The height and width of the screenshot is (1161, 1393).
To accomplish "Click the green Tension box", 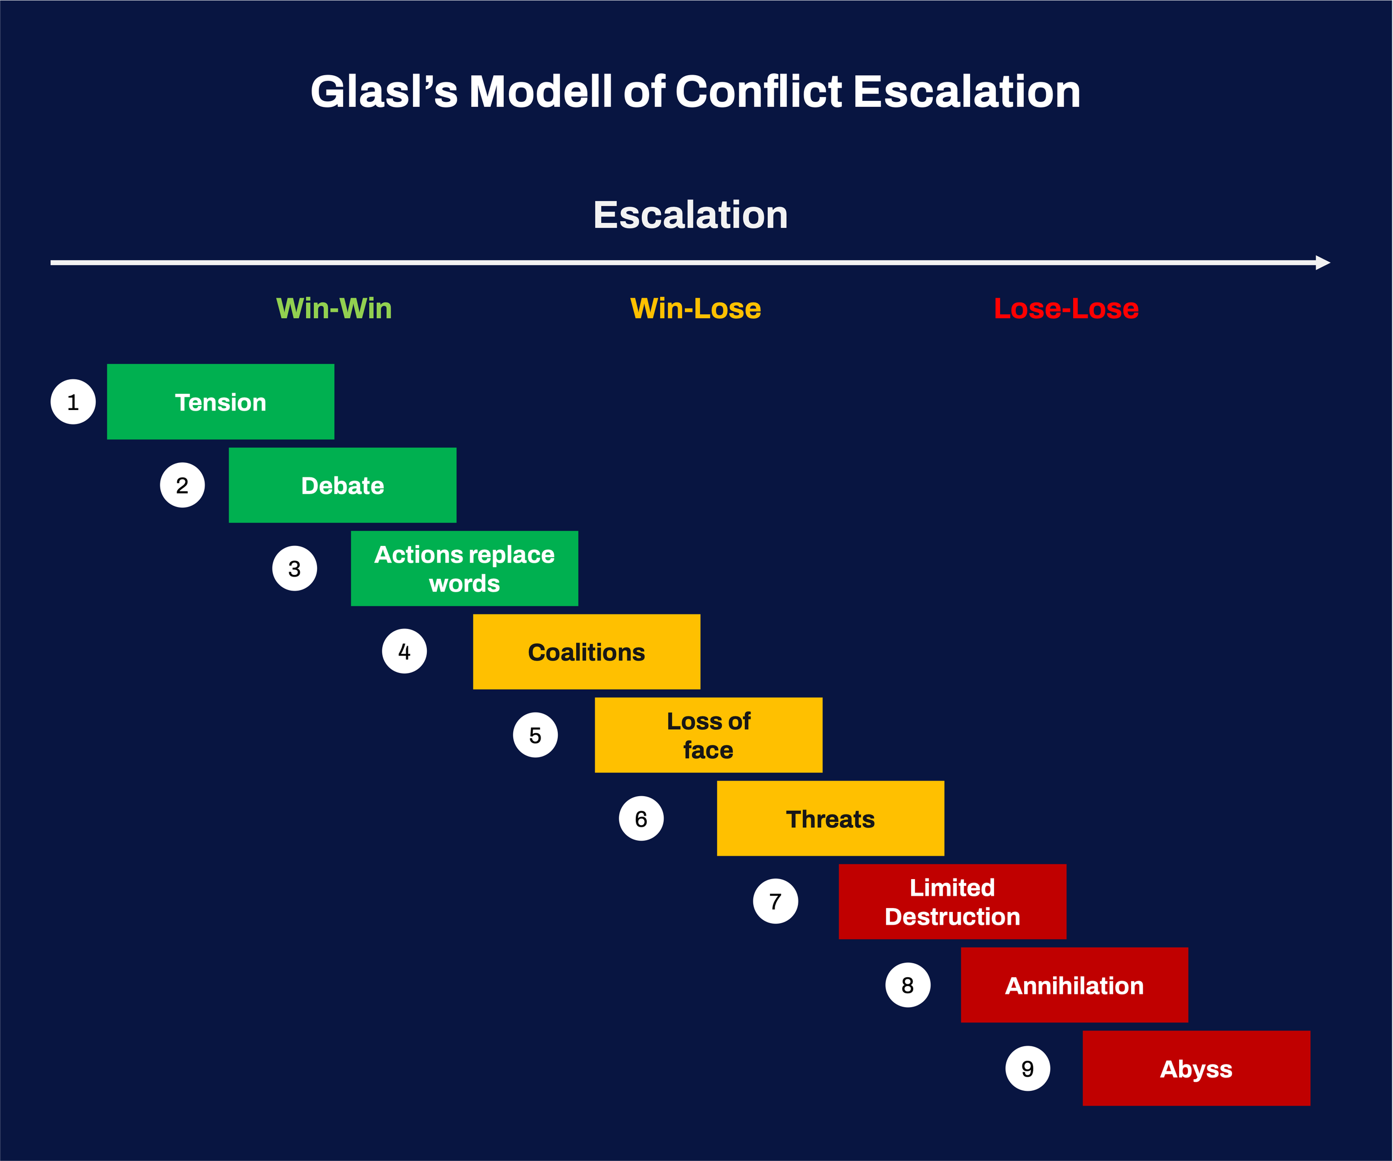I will coord(220,402).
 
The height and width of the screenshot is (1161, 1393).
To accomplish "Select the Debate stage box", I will coord(342,485).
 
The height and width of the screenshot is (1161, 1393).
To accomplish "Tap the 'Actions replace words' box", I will coord(464,568).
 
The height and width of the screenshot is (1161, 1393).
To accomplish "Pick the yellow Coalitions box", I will coord(586,652).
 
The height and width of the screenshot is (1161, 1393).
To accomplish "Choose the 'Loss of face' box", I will coord(708,735).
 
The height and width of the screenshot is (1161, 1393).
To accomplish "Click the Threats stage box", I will coord(830,818).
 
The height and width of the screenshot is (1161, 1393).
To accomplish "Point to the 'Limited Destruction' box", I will coord(953,902).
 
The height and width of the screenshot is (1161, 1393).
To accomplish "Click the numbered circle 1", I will coord(73,402).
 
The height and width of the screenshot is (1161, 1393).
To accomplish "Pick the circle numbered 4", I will coord(405,651).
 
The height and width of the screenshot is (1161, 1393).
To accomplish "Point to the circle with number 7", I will coord(776,901).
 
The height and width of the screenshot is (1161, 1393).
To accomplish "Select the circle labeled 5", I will coord(535,735).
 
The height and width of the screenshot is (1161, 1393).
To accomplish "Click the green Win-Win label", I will coord(334,308).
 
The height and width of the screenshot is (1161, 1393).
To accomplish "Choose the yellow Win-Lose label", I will coord(695,308).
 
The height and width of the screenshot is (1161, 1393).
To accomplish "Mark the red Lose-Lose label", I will coord(1066,308).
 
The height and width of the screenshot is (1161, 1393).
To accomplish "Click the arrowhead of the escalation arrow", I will coord(1323,262).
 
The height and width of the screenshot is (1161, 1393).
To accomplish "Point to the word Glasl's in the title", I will coord(383,91).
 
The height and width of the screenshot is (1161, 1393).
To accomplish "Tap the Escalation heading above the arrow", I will coord(690,215).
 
